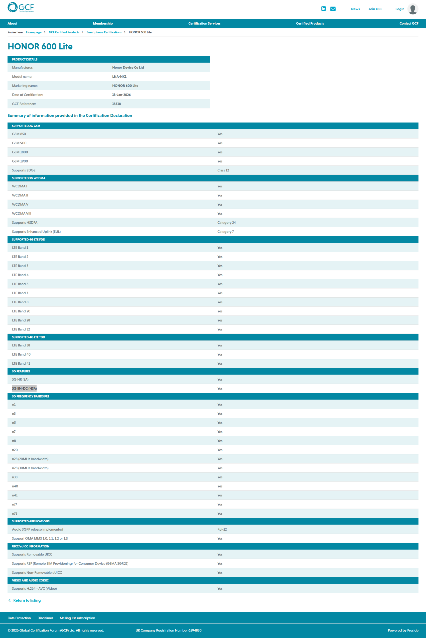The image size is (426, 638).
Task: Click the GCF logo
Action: coord(21,7)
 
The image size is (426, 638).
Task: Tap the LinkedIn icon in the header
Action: coord(323,9)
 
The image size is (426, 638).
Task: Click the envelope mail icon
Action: coord(333,9)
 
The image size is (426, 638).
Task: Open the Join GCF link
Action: coord(375,9)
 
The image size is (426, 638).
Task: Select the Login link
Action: coord(400,9)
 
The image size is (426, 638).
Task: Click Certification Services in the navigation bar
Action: coord(204,23)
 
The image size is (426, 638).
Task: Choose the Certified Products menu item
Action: coord(310,23)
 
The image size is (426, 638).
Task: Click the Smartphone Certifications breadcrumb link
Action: coord(104,32)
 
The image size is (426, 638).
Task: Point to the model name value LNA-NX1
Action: coord(119,77)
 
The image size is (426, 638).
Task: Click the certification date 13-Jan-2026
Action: coord(121,95)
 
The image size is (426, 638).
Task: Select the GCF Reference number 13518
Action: coord(116,104)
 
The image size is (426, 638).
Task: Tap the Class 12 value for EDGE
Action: coord(223,170)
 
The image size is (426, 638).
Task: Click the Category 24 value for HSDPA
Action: coord(226,223)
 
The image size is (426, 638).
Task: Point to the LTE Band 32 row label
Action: coord(21,329)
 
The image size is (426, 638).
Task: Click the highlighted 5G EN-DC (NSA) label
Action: coord(24,389)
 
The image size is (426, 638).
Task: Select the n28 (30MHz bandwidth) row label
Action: coord(30,468)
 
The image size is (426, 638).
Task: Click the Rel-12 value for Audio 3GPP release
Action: coord(222,529)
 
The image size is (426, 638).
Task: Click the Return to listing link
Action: coord(27,600)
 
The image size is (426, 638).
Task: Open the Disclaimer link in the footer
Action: coord(45,618)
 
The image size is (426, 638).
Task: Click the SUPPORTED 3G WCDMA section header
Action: coord(28,178)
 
